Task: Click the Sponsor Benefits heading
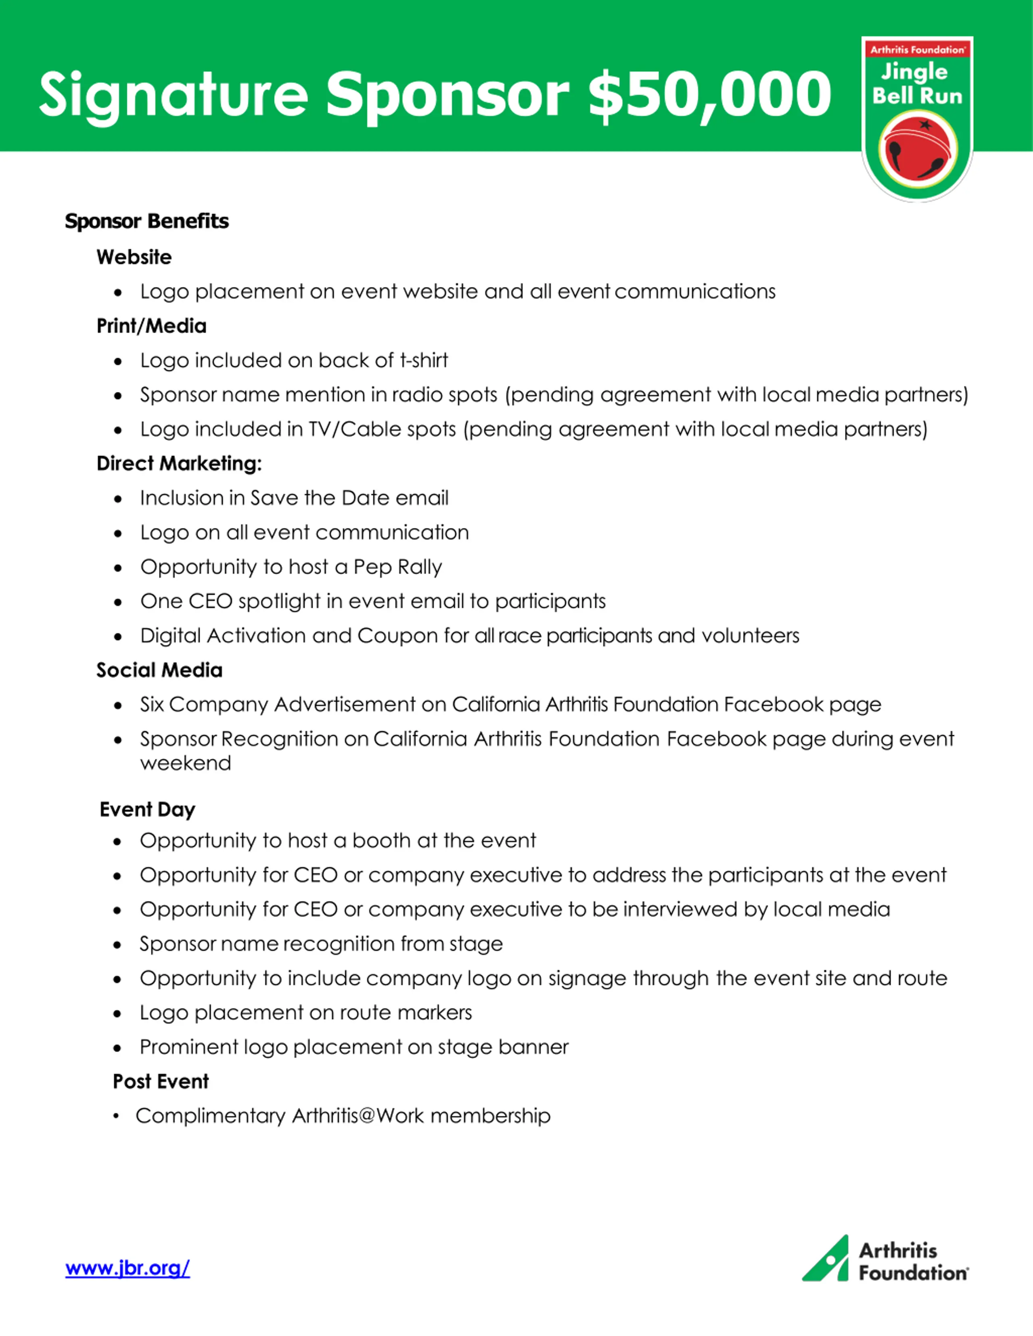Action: click(147, 221)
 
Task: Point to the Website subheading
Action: click(134, 257)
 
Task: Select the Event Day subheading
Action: click(147, 809)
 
